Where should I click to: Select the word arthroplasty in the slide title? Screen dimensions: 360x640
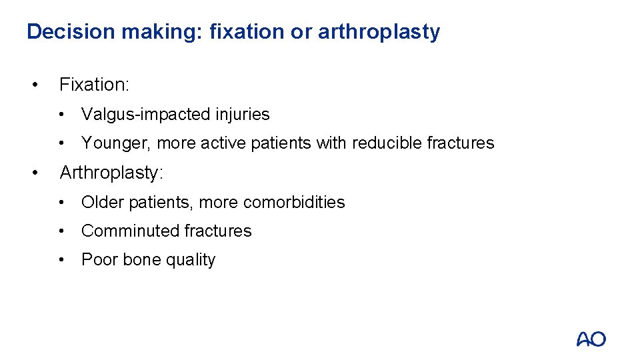click(x=379, y=32)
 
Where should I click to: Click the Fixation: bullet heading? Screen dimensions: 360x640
click(x=94, y=85)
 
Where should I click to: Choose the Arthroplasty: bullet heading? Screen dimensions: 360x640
click(x=111, y=173)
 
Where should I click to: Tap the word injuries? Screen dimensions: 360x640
click(x=242, y=115)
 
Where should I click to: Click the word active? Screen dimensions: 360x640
click(x=223, y=143)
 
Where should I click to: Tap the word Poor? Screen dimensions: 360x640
click(x=98, y=260)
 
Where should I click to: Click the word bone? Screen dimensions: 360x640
click(x=138, y=260)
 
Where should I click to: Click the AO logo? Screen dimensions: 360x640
click(x=591, y=339)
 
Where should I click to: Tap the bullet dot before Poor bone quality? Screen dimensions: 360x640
click(x=61, y=260)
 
